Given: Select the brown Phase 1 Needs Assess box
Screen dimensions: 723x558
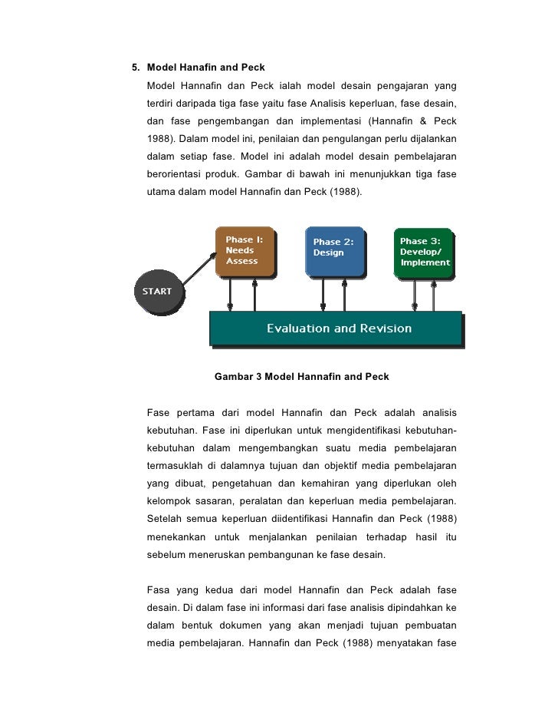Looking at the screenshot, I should click(x=244, y=250).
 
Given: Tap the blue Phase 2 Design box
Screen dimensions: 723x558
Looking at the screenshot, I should click(x=333, y=250).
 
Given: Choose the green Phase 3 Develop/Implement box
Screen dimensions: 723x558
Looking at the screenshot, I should click(x=423, y=250).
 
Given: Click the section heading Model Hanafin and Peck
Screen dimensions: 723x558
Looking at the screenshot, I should click(x=205, y=68).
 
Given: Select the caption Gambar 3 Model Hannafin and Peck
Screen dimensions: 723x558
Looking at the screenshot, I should click(x=301, y=377).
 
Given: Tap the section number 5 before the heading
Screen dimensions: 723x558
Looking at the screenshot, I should click(x=136, y=68).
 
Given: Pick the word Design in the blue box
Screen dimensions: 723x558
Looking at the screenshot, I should click(x=328, y=253).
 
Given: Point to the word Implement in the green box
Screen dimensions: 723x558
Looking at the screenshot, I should click(x=425, y=262).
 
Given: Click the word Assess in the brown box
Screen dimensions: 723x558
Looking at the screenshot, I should click(x=241, y=261).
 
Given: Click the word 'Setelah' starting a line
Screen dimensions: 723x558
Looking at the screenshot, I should click(x=163, y=518).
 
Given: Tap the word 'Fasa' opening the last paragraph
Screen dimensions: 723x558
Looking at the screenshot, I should click(x=159, y=590).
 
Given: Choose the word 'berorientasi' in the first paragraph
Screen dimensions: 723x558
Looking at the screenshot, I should click(x=175, y=173).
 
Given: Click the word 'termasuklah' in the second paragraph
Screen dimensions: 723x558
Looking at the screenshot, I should click(x=176, y=465).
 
